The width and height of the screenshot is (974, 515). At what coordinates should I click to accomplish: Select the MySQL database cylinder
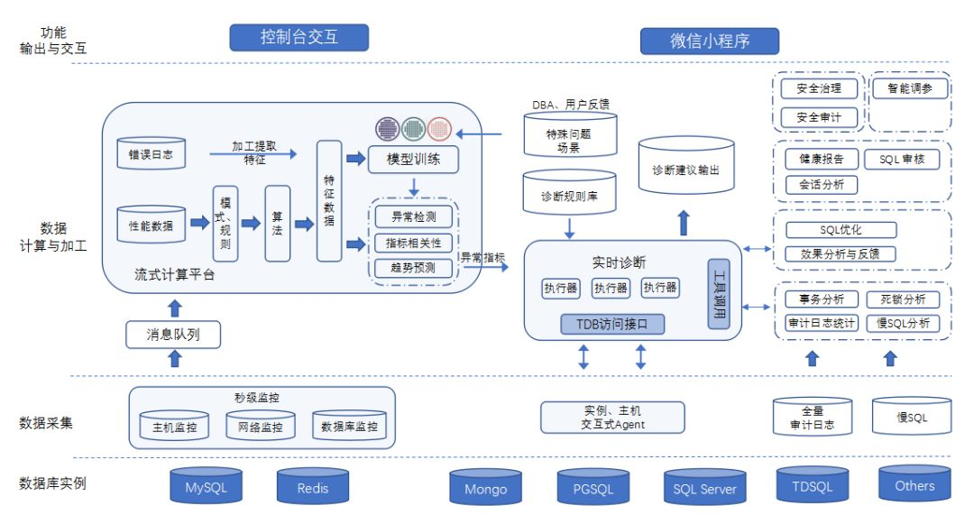[x=207, y=487]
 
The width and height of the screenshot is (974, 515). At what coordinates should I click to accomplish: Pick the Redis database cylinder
[x=313, y=487]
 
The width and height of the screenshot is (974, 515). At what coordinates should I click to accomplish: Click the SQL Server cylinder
[x=704, y=488]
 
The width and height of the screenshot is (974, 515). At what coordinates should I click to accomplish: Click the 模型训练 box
[x=414, y=161]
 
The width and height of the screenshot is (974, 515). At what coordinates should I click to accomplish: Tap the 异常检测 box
[x=414, y=216]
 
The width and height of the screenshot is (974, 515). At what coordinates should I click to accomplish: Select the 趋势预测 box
[x=414, y=267]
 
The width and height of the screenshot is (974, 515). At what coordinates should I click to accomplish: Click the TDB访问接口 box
[x=611, y=323]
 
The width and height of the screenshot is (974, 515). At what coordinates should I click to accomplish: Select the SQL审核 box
[x=908, y=160]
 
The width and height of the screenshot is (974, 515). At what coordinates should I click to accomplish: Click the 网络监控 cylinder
[x=261, y=426]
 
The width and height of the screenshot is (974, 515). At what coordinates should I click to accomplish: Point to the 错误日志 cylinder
[x=151, y=154]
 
